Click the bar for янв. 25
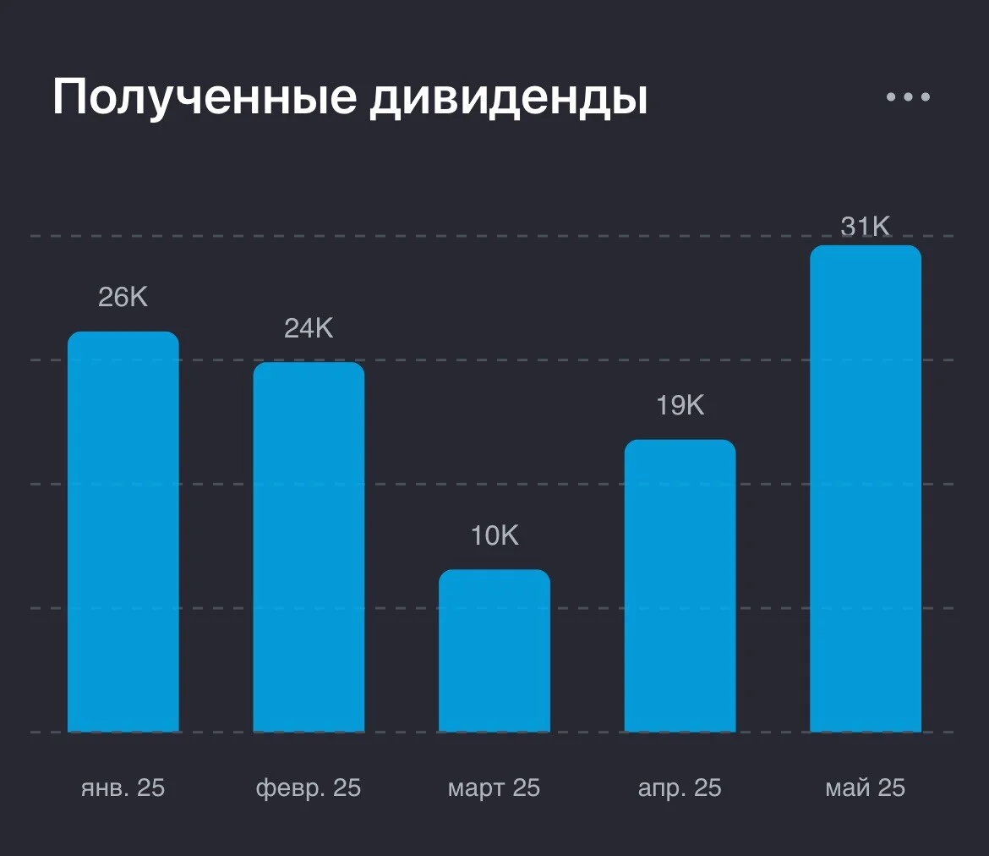[x=123, y=531]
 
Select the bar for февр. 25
[x=309, y=547]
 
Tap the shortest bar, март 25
[x=494, y=650]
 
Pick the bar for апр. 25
[x=680, y=586]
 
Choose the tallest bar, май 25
[x=866, y=489]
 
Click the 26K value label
[x=123, y=297]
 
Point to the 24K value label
[x=309, y=328]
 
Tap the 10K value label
[x=494, y=535]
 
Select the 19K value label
[x=680, y=405]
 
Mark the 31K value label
[x=866, y=226]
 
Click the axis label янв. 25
[x=123, y=787]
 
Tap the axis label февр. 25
[x=309, y=788]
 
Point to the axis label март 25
[x=494, y=788]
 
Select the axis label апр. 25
[x=680, y=788]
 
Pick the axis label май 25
[x=866, y=787]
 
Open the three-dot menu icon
[x=908, y=96]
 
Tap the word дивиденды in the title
[x=509, y=100]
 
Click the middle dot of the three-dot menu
[x=908, y=96]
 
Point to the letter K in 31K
[x=881, y=226]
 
